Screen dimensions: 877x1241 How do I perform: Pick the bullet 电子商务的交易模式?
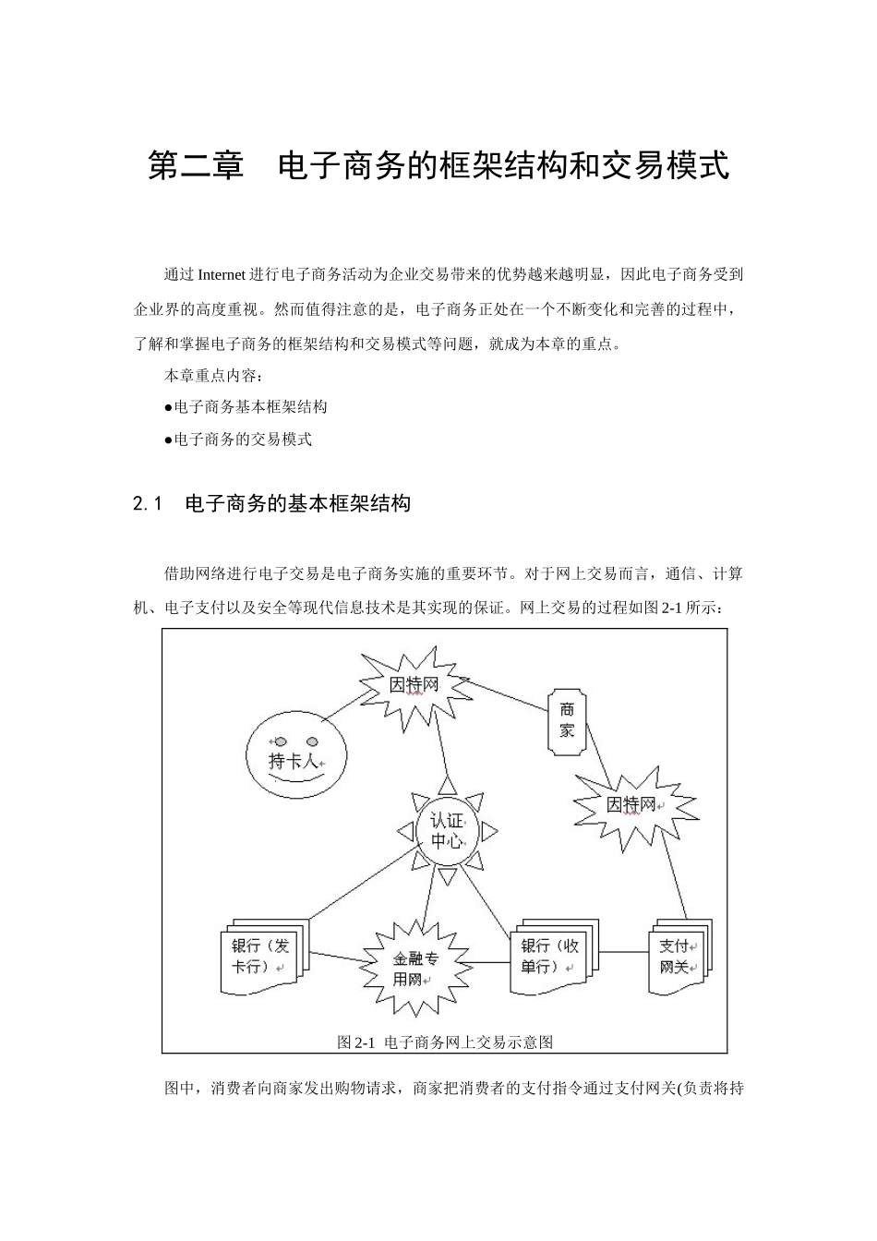[239, 440]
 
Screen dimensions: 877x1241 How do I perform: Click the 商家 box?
[567, 718]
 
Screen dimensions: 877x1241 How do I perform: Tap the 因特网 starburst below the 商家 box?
[634, 805]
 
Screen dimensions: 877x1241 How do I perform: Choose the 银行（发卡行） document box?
[262, 957]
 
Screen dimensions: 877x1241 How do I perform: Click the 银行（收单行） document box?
[551, 957]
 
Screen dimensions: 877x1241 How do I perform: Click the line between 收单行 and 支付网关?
[624, 954]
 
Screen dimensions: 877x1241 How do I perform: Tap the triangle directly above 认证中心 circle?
[448, 786]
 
